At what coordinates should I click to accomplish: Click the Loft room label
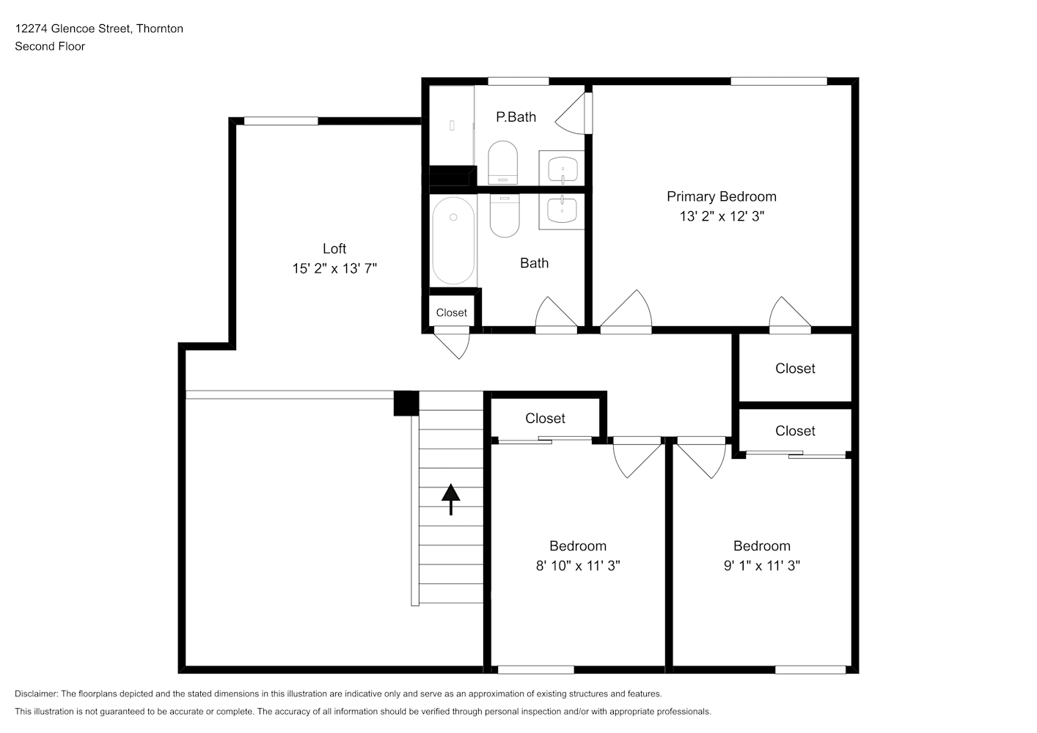334,248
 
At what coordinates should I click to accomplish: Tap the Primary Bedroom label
721,196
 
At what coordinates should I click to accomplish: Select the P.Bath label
516,117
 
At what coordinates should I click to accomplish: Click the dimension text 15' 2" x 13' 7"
334,268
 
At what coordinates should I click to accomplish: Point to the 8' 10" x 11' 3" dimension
578,565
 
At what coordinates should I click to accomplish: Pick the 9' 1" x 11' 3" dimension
761,565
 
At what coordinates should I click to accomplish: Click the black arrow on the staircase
450,499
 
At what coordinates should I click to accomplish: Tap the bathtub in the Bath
453,240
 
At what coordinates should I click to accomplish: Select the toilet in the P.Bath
503,162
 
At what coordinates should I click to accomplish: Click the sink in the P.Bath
563,169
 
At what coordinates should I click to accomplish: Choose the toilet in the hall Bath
505,216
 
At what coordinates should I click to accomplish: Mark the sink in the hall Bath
562,210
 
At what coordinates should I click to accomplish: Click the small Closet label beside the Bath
451,313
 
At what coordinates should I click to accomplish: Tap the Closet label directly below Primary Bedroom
795,369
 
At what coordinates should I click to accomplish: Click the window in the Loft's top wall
281,121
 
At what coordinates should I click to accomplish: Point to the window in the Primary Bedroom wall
779,81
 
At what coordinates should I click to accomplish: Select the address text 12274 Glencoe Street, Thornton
99,29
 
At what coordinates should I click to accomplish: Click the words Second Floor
50,46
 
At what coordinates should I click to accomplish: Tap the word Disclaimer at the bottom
36,693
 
